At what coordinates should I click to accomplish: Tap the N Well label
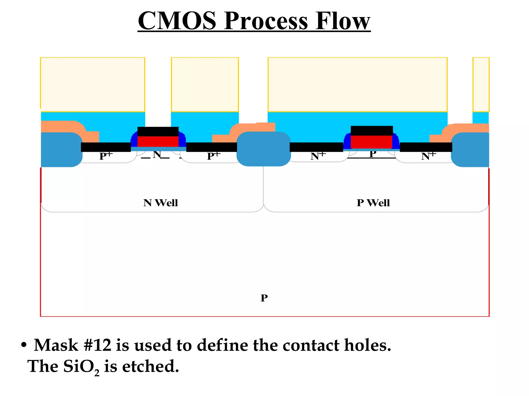coord(160,203)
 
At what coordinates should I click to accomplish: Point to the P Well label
coord(373,203)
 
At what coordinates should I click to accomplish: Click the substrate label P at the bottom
coord(264,298)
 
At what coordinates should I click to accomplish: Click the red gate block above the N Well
coord(158,142)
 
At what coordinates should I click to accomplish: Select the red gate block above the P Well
coord(371,142)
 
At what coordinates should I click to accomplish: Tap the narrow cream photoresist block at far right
coord(481,84)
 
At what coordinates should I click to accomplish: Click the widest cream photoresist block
coord(357,84)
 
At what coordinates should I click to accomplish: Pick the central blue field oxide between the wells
coord(263,149)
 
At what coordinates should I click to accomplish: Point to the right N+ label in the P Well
coord(428,156)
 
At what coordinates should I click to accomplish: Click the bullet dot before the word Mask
coord(24,345)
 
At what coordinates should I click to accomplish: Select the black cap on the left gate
coord(158,131)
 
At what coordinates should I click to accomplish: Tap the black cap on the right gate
coord(371,130)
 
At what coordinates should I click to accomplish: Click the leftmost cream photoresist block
coord(92,84)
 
